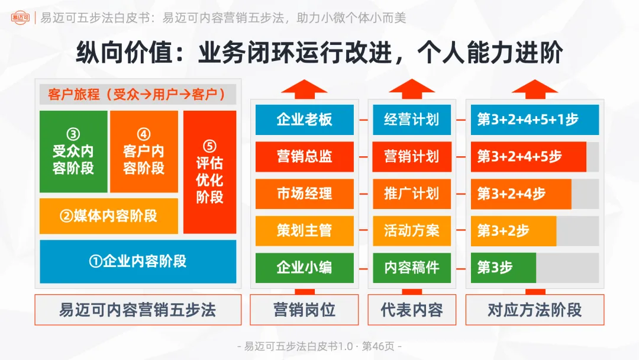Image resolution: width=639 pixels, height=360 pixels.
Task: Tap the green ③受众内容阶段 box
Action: coord(73,151)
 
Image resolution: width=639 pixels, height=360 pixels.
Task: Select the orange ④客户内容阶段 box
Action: coord(144,151)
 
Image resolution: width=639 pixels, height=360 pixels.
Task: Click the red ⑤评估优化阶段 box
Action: coord(209,172)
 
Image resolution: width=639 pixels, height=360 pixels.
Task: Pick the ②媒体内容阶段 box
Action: coord(109,216)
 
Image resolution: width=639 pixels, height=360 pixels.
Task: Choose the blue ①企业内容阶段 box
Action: coord(138,261)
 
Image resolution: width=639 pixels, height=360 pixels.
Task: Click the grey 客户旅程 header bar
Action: coord(138,94)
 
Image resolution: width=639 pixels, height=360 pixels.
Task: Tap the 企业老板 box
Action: coord(304,120)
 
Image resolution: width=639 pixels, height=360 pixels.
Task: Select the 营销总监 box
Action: coord(304,156)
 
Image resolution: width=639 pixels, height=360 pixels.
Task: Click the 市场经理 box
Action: coord(304,194)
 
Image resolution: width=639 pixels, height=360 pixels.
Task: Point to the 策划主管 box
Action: coord(304,230)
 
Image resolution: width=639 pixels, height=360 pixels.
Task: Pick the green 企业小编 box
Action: coord(304,268)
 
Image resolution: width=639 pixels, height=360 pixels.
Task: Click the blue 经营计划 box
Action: coord(412,120)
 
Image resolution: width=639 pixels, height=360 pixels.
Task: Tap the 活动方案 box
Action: coord(412,230)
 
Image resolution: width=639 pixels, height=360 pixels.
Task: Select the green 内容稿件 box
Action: coord(412,268)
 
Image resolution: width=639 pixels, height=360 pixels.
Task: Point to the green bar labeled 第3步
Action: coord(503,268)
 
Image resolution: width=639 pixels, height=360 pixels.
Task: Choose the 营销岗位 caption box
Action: coord(304,310)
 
